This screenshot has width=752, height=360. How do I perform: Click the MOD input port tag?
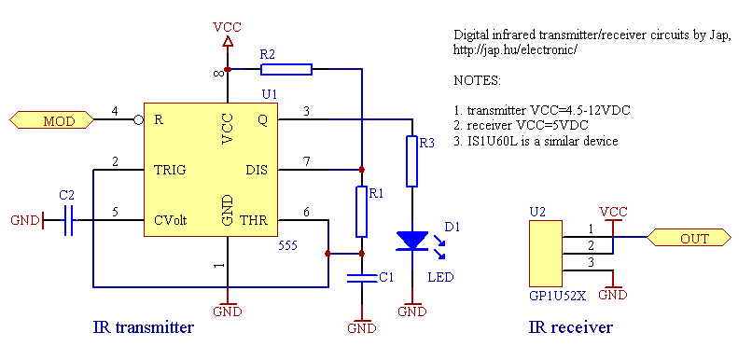click(52, 119)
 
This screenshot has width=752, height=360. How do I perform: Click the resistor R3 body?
click(411, 161)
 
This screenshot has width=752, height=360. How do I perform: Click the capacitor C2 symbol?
click(66, 221)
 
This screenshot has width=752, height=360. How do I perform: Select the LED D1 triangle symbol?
click(411, 241)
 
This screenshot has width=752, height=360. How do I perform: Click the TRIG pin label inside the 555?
click(170, 170)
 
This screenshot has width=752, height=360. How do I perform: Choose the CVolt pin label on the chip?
click(171, 221)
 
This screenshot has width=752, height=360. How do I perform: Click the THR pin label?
click(254, 221)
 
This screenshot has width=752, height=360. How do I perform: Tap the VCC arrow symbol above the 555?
click(227, 40)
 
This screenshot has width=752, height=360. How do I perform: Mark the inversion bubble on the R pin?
click(138, 119)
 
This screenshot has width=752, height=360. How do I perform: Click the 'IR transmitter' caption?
click(144, 327)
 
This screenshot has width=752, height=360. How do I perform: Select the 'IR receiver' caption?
click(570, 327)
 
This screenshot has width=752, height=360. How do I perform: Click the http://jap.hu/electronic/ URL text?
click(515, 48)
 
